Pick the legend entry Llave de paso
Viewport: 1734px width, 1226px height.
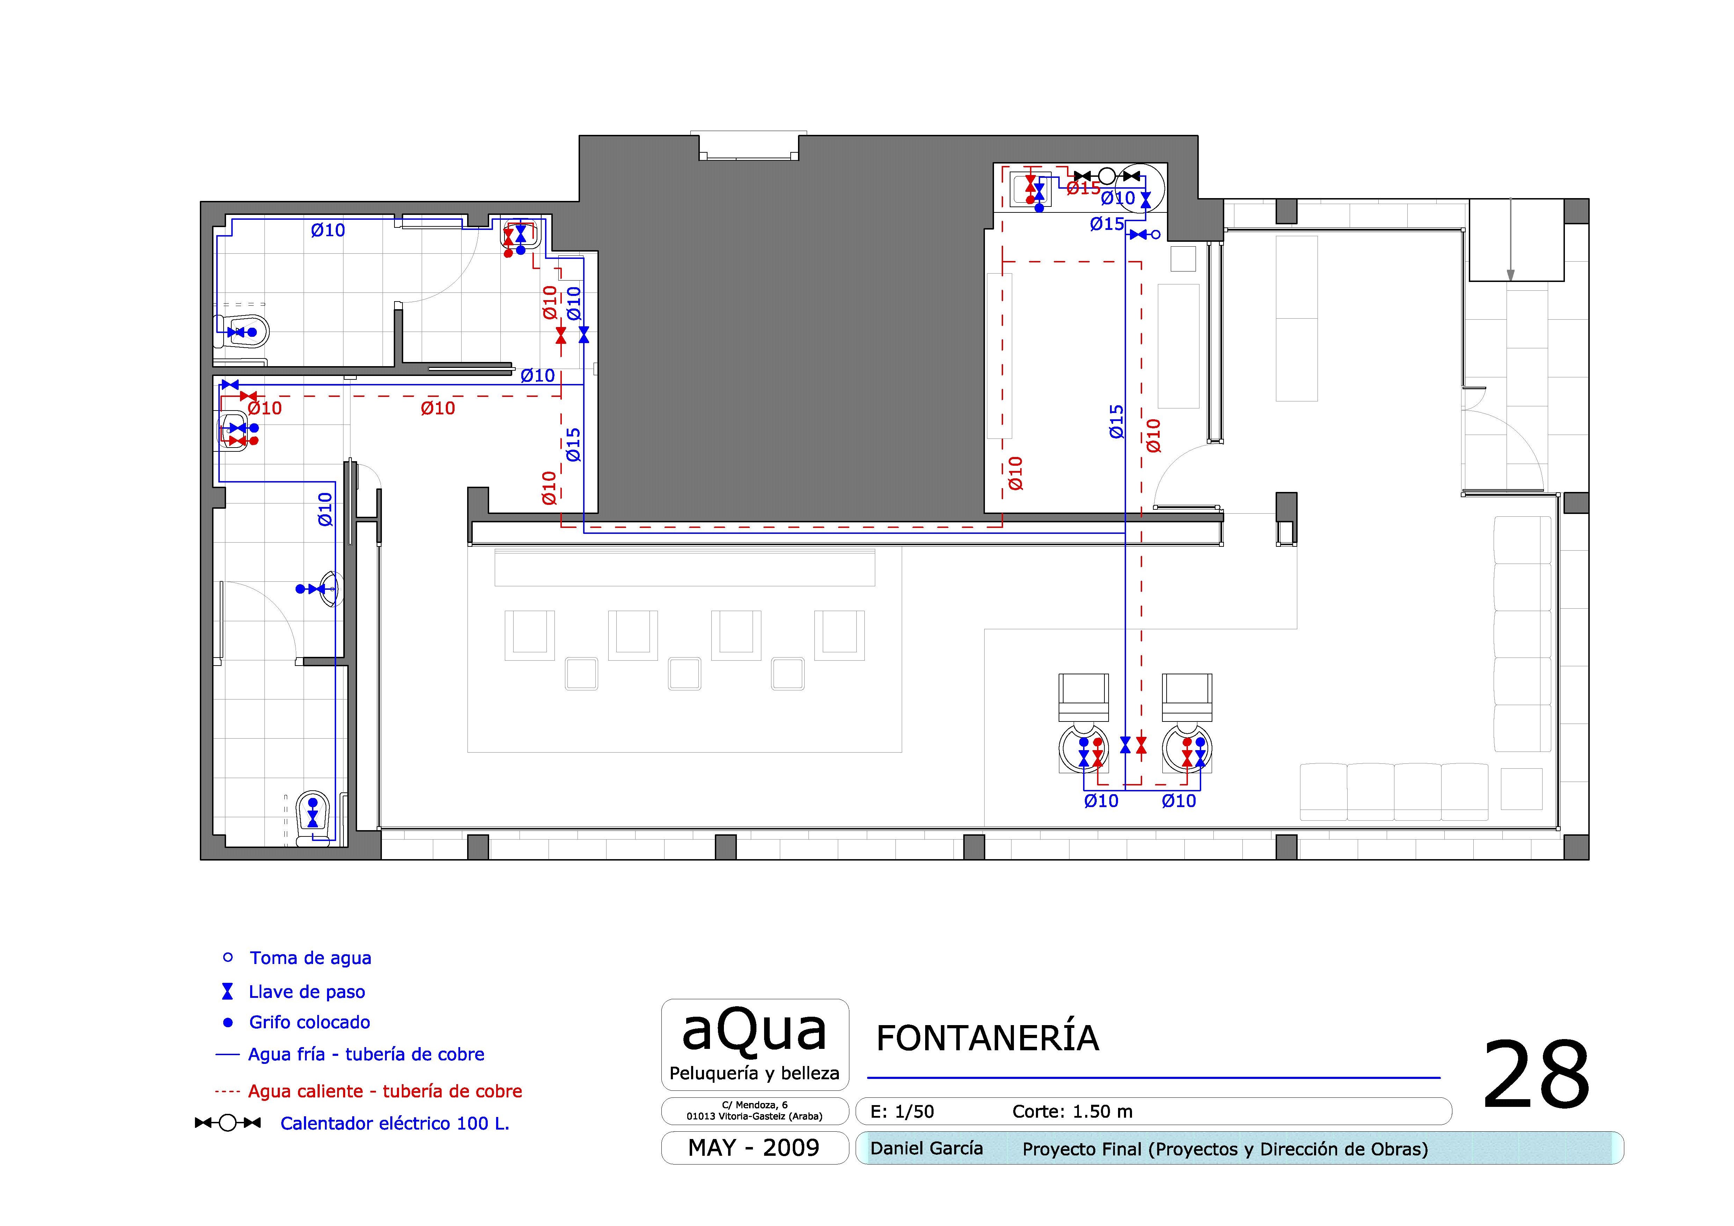click(x=307, y=992)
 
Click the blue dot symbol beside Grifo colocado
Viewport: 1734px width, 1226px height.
click(x=228, y=1022)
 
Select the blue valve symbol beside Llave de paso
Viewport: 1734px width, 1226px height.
click(x=227, y=991)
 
